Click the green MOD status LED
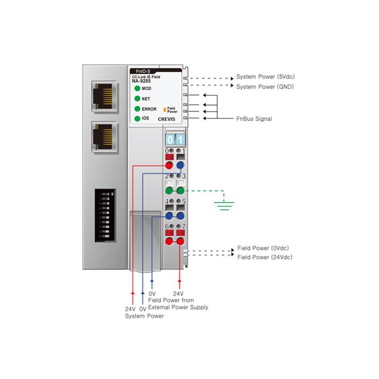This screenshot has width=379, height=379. [137, 89]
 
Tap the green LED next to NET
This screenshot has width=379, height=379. [137, 99]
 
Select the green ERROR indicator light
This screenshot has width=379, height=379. [137, 109]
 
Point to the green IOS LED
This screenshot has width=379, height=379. [137, 118]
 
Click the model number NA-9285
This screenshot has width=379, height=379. [141, 81]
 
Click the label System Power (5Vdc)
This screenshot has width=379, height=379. [265, 77]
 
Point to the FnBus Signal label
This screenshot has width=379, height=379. [254, 119]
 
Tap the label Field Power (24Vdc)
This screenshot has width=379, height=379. [264, 257]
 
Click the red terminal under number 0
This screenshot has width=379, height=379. [169, 165]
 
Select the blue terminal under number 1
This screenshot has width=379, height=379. [180, 165]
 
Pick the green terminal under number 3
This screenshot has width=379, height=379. [180, 191]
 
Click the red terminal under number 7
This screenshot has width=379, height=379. [180, 241]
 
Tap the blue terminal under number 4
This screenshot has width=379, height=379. [169, 216]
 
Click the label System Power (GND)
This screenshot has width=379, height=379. [265, 87]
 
